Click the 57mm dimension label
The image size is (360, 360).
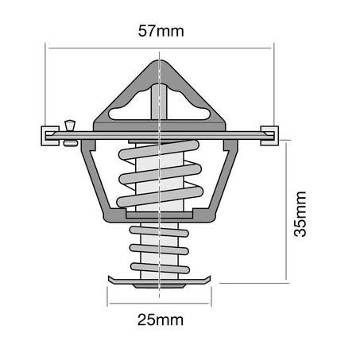click(161, 31)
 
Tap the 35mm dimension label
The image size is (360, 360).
click(300, 214)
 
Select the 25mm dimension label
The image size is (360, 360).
click(161, 319)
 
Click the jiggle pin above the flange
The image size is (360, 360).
click(70, 126)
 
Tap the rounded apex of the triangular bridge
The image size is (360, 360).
click(159, 64)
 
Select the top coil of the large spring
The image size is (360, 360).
click(159, 150)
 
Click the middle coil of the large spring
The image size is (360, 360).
click(160, 174)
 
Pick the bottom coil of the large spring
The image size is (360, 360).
click(160, 197)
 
